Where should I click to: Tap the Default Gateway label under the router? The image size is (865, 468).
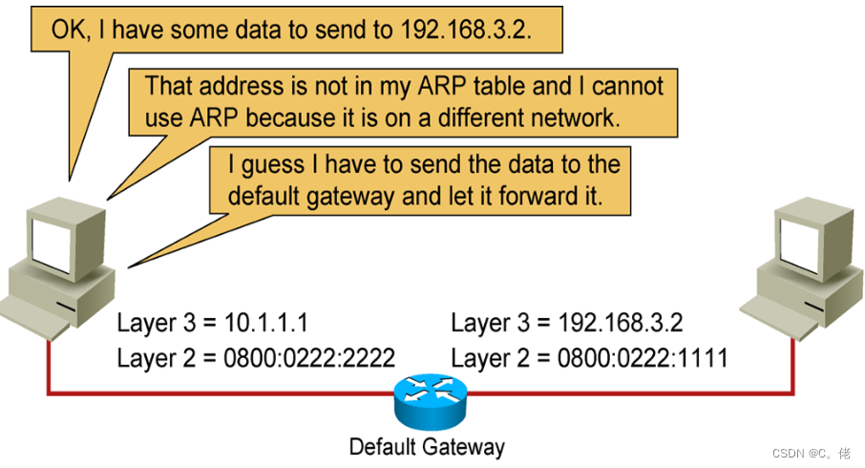tap(426, 447)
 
